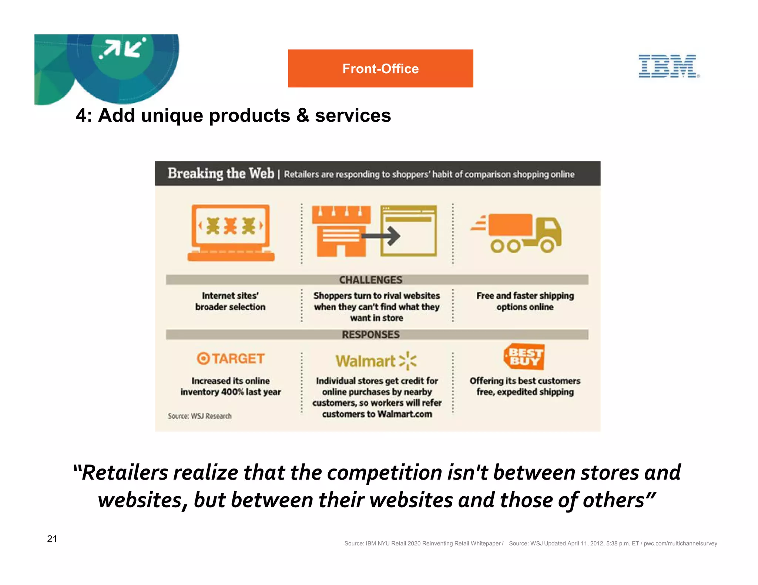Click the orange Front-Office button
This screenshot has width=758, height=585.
[x=380, y=68]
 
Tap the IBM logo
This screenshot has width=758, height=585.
[x=668, y=66]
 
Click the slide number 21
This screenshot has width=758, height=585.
[x=52, y=539]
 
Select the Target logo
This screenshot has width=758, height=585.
[x=230, y=358]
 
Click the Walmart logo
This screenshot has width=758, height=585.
[x=376, y=361]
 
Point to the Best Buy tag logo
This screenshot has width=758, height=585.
[x=524, y=357]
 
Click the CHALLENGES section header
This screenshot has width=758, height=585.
[x=370, y=280]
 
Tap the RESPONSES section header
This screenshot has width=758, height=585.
[x=370, y=335]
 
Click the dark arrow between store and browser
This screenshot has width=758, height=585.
[x=381, y=236]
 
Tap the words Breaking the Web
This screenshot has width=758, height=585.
[x=221, y=173]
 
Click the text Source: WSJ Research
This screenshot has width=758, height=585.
[x=199, y=416]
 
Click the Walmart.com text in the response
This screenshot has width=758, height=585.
[x=405, y=414]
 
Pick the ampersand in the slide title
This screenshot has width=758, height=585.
[x=302, y=115]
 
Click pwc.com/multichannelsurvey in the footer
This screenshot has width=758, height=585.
[x=680, y=543]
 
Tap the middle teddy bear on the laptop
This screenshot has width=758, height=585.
[x=230, y=226]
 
